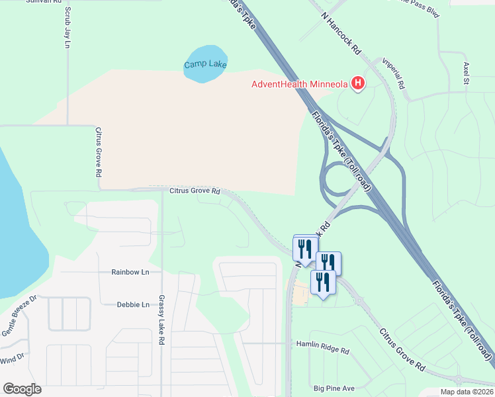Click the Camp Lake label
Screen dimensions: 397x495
(205, 65)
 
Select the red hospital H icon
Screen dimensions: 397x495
(357, 83)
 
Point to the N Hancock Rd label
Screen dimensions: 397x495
(342, 32)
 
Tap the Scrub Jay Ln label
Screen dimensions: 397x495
(67, 28)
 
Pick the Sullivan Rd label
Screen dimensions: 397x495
(29, 3)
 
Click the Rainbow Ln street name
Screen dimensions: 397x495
(130, 272)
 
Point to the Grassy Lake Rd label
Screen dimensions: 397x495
(161, 320)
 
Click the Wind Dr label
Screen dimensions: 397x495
(12, 359)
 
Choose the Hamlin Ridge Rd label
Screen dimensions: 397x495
(322, 344)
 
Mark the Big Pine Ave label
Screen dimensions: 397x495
(334, 388)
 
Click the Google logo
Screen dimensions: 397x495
(22, 388)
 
